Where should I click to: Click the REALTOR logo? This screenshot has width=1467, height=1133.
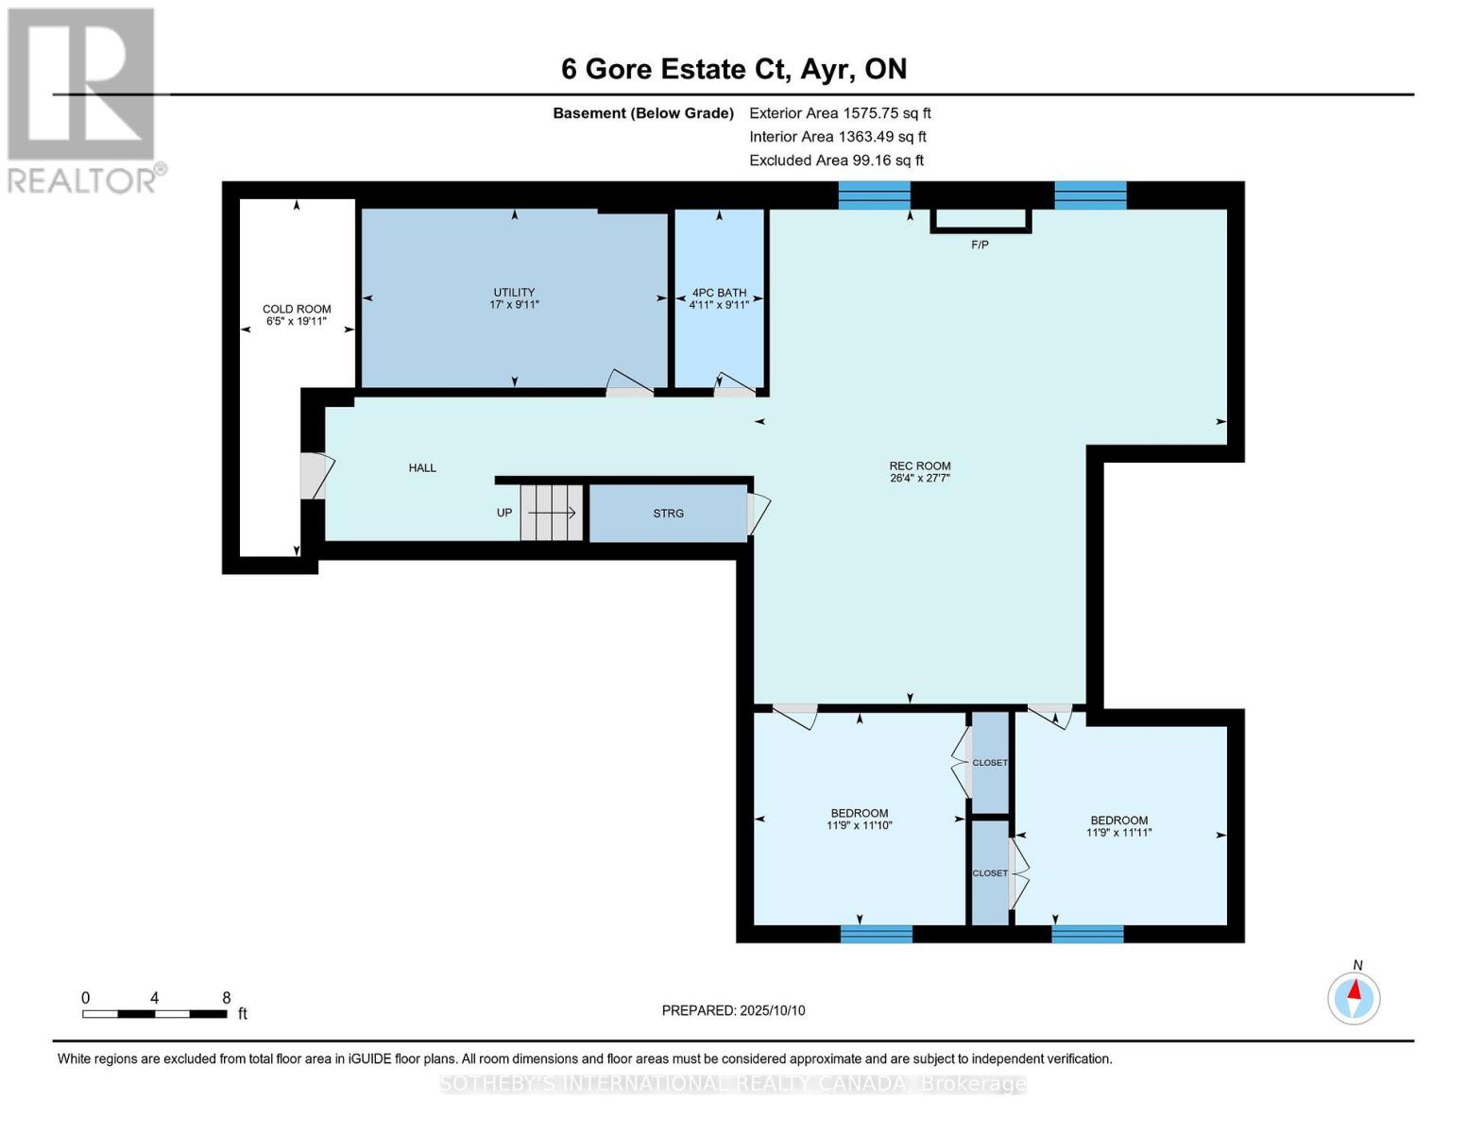click(82, 99)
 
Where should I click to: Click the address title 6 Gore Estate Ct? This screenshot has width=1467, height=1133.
click(733, 69)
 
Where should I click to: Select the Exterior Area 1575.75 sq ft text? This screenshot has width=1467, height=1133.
click(840, 113)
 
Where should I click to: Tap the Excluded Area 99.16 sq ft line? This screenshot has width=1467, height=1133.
click(836, 161)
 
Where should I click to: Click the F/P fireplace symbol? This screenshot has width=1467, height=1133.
click(981, 221)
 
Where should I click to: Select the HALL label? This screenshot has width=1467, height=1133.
click(422, 467)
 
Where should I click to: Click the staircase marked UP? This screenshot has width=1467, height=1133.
click(552, 513)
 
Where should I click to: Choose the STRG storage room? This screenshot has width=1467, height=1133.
click(668, 513)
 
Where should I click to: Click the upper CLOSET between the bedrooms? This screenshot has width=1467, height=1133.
click(990, 763)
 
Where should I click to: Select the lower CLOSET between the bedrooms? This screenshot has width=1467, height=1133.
click(990, 873)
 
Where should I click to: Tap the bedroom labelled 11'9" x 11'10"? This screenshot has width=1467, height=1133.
click(859, 819)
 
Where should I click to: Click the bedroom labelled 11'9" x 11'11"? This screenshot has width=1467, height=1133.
click(1118, 826)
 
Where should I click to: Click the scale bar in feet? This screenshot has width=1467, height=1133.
click(154, 1014)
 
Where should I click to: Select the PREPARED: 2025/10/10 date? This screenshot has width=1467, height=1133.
click(733, 1010)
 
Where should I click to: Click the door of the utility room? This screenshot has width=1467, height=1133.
click(629, 383)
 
